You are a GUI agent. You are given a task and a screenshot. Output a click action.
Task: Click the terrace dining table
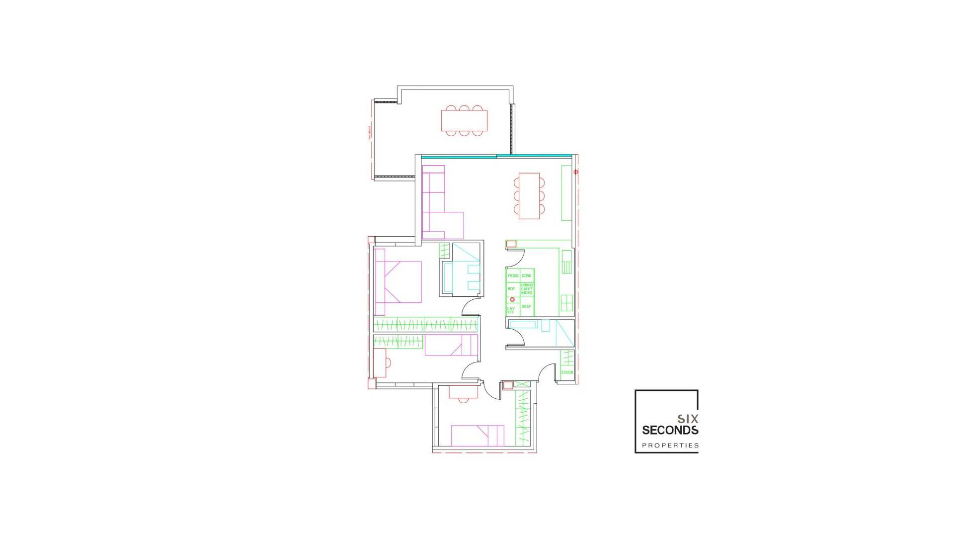click(x=464, y=120)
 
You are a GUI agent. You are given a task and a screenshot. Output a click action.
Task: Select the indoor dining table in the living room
click(x=529, y=196)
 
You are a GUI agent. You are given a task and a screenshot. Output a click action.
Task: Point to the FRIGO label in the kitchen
click(x=513, y=275)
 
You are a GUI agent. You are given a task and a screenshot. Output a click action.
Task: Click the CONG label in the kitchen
click(x=527, y=275)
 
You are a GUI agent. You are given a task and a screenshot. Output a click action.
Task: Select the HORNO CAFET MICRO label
click(x=527, y=289)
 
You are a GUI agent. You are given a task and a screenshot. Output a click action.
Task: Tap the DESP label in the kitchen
click(x=527, y=306)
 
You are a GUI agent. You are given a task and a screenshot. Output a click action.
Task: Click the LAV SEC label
click(x=511, y=310)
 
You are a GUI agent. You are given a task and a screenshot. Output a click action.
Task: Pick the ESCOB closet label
click(x=567, y=372)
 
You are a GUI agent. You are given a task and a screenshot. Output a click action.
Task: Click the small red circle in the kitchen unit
click(x=512, y=299)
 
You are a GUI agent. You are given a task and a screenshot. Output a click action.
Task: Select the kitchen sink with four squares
click(x=566, y=302)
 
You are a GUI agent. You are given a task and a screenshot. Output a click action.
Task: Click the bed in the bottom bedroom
click(x=477, y=436)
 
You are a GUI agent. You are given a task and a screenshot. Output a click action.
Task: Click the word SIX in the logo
click(x=688, y=419)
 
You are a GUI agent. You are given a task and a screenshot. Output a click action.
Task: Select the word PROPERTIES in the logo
click(x=670, y=446)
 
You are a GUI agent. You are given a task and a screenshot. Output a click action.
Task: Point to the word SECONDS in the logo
click(x=670, y=430)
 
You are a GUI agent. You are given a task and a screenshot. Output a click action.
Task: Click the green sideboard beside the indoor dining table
click(x=566, y=193)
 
